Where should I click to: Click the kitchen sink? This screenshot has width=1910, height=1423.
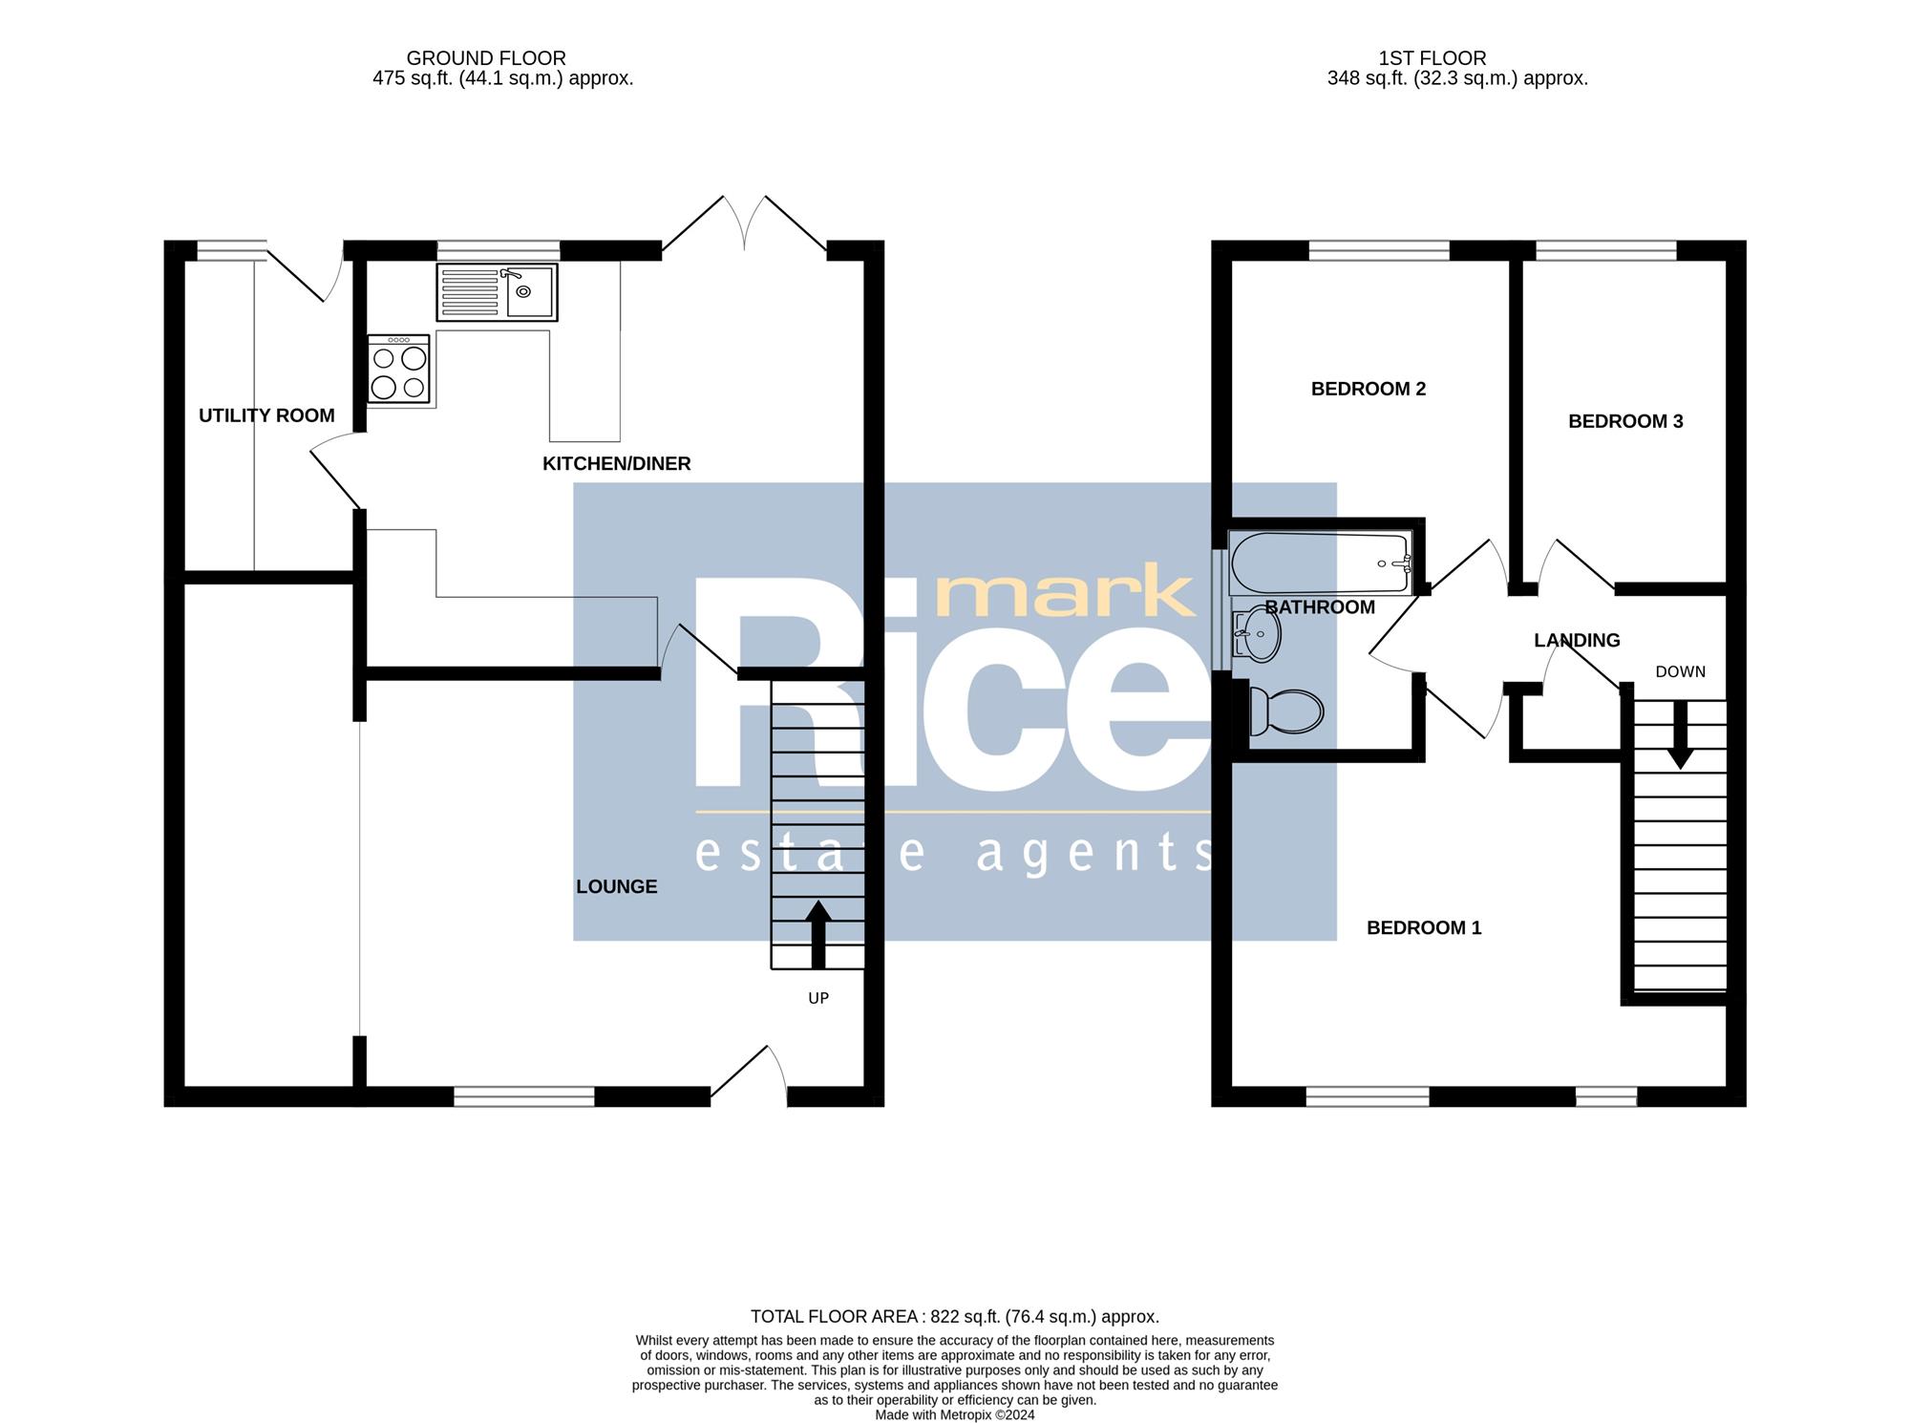[x=497, y=292]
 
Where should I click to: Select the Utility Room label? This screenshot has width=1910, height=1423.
[x=266, y=415]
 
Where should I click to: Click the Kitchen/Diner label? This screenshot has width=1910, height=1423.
[x=616, y=463]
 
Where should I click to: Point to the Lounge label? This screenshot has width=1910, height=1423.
[x=616, y=886]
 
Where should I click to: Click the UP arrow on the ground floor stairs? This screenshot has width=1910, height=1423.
[x=818, y=934]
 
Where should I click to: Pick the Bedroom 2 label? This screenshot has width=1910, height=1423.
[x=1368, y=389]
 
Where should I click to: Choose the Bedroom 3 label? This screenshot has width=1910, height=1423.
[x=1625, y=421]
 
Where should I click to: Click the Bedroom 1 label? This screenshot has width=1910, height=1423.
[x=1424, y=927]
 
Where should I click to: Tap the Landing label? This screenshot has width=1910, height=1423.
[x=1577, y=640]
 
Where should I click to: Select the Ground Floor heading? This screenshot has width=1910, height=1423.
[x=486, y=58]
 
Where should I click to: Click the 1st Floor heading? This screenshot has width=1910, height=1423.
[x=1432, y=58]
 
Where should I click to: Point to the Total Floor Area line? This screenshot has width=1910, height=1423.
[x=955, y=1317]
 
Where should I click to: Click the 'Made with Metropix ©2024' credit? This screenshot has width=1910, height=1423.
[x=955, y=1415]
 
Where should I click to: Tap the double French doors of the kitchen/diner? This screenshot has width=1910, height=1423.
[x=744, y=224]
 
